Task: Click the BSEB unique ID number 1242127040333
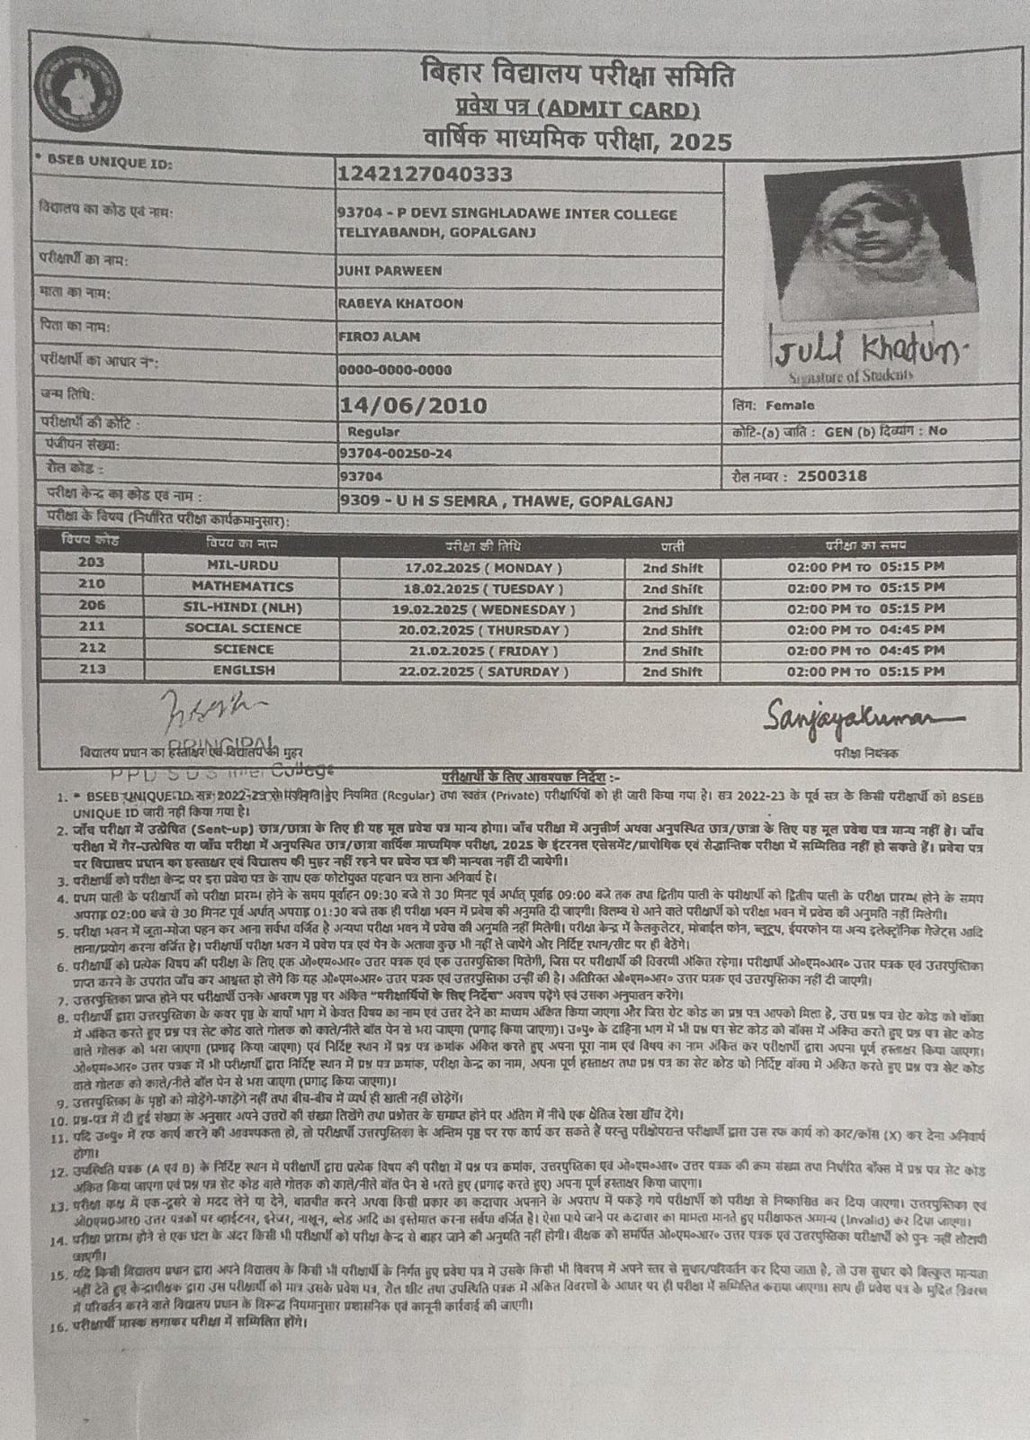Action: [425, 173]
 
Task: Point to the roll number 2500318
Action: [832, 476]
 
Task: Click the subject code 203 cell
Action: [92, 563]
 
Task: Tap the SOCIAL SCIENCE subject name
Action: [243, 628]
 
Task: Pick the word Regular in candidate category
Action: [373, 432]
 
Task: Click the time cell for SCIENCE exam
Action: [865, 650]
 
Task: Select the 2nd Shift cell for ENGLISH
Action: [672, 671]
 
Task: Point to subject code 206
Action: [92, 606]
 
